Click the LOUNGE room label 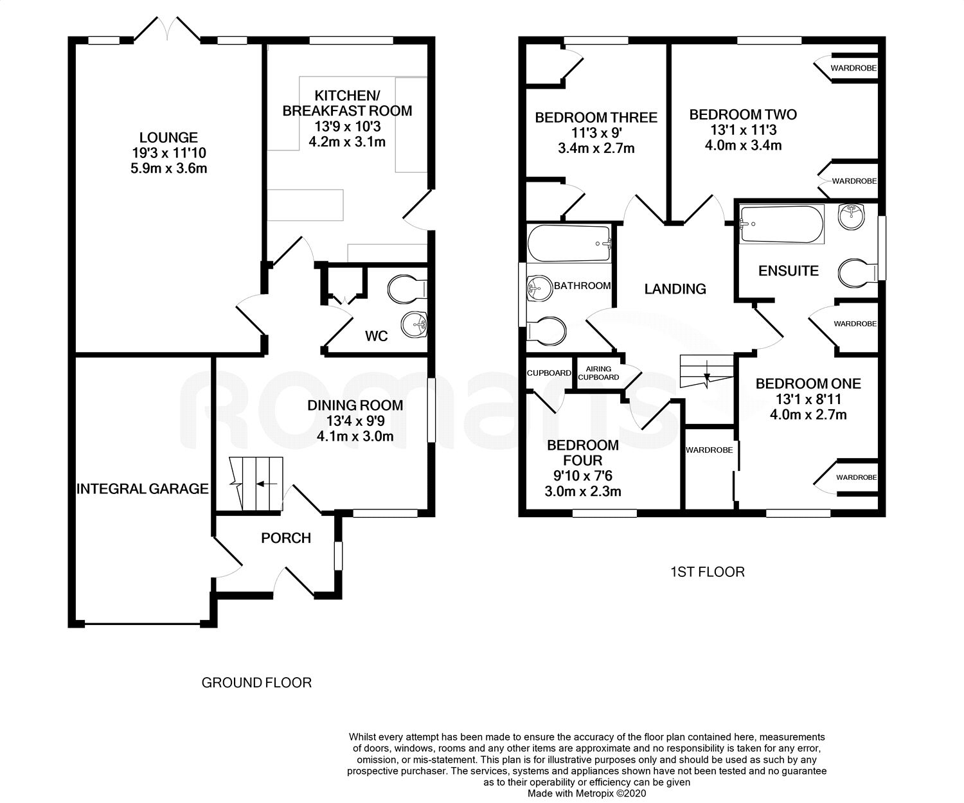[x=168, y=137]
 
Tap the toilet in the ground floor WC [x=407, y=289]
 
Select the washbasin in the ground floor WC [x=414, y=324]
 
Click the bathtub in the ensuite [x=781, y=224]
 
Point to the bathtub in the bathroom [x=569, y=243]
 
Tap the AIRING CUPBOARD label [x=598, y=373]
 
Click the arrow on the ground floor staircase [x=267, y=484]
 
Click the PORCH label [x=286, y=538]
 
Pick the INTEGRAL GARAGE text [x=142, y=489]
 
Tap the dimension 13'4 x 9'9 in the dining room [x=355, y=421]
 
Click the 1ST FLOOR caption [x=708, y=572]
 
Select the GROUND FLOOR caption [x=256, y=682]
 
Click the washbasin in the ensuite [x=852, y=217]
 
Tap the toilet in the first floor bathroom [x=547, y=330]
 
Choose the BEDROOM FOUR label [x=583, y=453]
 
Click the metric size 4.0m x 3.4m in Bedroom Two [x=743, y=146]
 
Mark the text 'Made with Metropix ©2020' [x=587, y=794]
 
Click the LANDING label [x=675, y=289]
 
